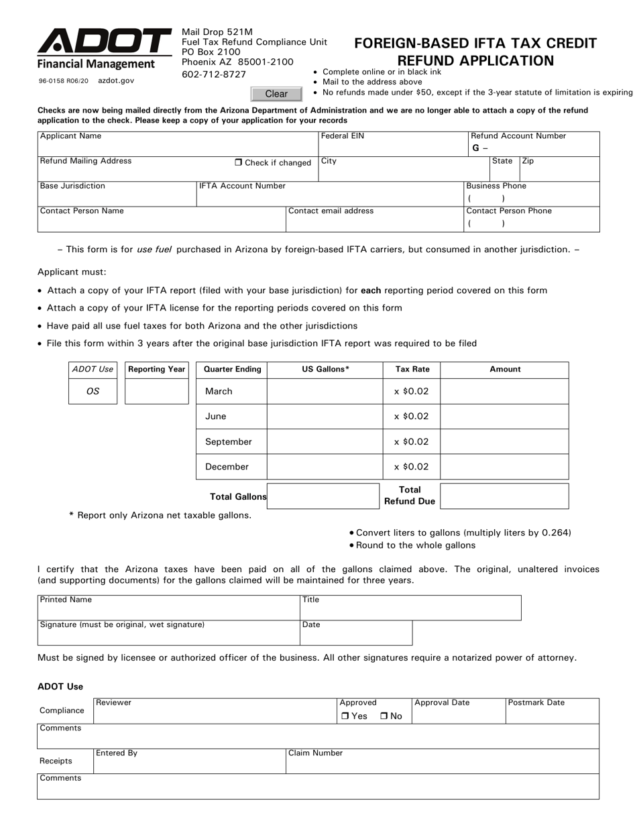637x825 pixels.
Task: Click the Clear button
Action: tap(276, 94)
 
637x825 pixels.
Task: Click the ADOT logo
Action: tap(104, 42)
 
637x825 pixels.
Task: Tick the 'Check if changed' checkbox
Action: tap(239, 162)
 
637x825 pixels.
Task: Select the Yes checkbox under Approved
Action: tap(345, 716)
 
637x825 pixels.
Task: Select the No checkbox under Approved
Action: tap(384, 716)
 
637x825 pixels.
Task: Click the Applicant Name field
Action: tap(178, 147)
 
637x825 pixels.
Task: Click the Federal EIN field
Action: tap(392, 147)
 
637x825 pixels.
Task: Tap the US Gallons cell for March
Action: tap(324, 391)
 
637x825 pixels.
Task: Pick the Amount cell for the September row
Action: tap(504, 441)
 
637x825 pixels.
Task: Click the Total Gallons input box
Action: tap(324, 496)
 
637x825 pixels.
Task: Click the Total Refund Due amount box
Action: tap(504, 496)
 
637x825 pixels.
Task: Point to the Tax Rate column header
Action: tap(412, 369)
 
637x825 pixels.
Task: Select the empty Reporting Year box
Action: tap(157, 391)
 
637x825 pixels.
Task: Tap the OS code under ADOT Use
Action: tap(93, 391)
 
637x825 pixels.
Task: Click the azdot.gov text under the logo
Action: tap(116, 80)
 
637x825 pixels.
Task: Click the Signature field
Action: tap(168, 636)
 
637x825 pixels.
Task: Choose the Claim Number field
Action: tap(442, 763)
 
